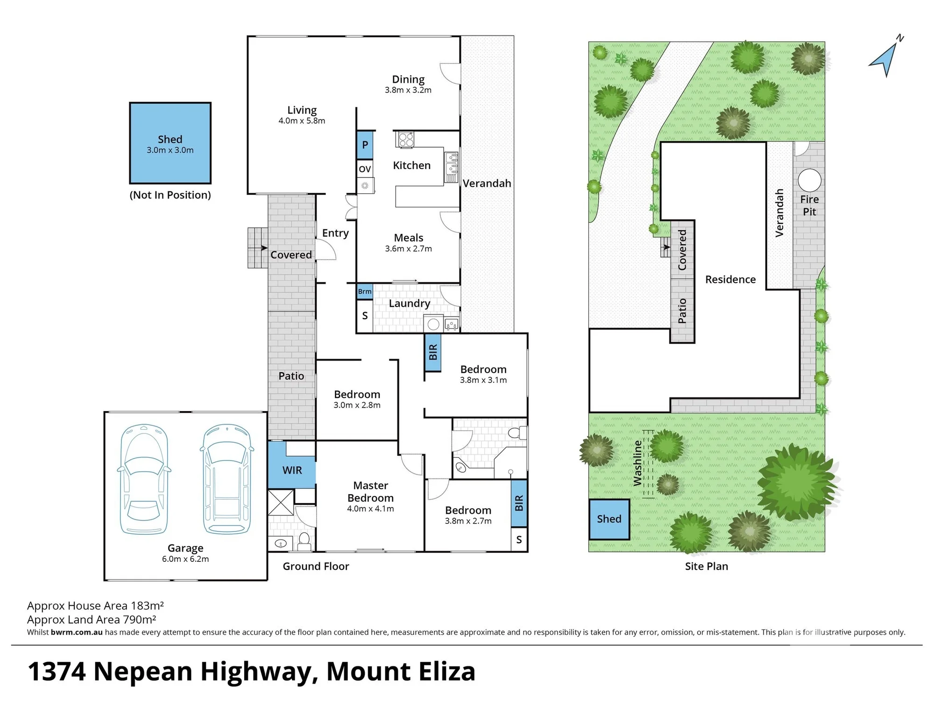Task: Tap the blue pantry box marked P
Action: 365,145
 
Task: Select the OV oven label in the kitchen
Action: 365,169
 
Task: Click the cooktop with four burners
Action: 405,140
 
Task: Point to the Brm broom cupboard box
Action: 365,291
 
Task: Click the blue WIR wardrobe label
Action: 292,470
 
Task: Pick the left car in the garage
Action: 144,479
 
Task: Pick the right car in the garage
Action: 227,479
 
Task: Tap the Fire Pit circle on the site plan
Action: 809,180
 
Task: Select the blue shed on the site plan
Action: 609,519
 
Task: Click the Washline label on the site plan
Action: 637,463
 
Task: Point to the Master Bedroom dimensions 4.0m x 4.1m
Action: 370,509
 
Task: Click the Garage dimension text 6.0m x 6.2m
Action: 185,559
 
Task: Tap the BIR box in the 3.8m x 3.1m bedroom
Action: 433,352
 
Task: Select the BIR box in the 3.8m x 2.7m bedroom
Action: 519,503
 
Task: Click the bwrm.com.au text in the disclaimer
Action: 77,632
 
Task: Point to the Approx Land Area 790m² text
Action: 92,620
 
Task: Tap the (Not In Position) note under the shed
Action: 170,195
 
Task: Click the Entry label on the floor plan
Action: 335,233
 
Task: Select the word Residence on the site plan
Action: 730,279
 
